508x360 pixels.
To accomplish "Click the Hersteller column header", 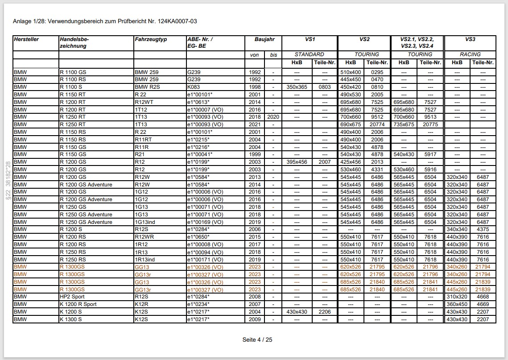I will pyautogui.click(x=26, y=39).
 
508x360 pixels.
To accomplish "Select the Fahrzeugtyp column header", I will pyautogui.click(x=151, y=39).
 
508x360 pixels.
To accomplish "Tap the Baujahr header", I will pyautogui.click(x=264, y=39).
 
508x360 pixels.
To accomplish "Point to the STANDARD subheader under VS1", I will pyautogui.click(x=309, y=54).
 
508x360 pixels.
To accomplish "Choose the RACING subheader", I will pyautogui.click(x=470, y=54).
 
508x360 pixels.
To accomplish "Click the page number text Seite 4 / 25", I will pyautogui.click(x=257, y=339).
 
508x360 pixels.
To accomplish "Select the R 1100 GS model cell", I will pyautogui.click(x=73, y=72).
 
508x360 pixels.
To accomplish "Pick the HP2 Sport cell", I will pyautogui.click(x=72, y=297).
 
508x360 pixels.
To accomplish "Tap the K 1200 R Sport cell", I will pyautogui.click(x=78, y=304).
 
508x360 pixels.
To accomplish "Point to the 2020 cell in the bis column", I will pyautogui.click(x=273, y=117).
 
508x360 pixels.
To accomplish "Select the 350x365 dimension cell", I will pyautogui.click(x=297, y=87).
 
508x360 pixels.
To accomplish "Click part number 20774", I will pyautogui.click(x=377, y=124).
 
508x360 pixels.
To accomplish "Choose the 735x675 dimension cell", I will pyautogui.click(x=404, y=124).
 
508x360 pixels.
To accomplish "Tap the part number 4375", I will pyautogui.click(x=483, y=229).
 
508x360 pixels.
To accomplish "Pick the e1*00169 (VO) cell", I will pyautogui.click(x=205, y=222).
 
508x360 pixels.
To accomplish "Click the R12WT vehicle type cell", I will pyautogui.click(x=144, y=102).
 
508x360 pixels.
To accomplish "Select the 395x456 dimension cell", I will pyautogui.click(x=297, y=162).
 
